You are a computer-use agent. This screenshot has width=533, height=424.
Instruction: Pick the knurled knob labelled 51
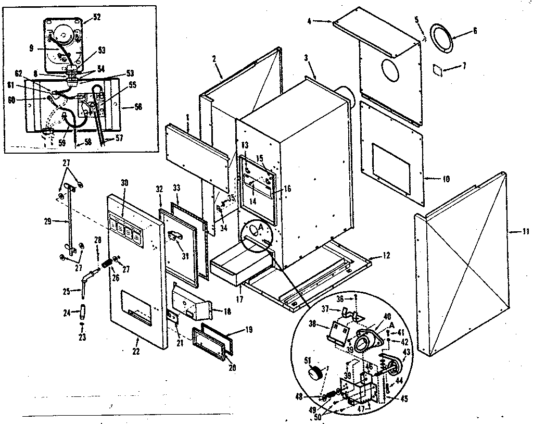point(314,373)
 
